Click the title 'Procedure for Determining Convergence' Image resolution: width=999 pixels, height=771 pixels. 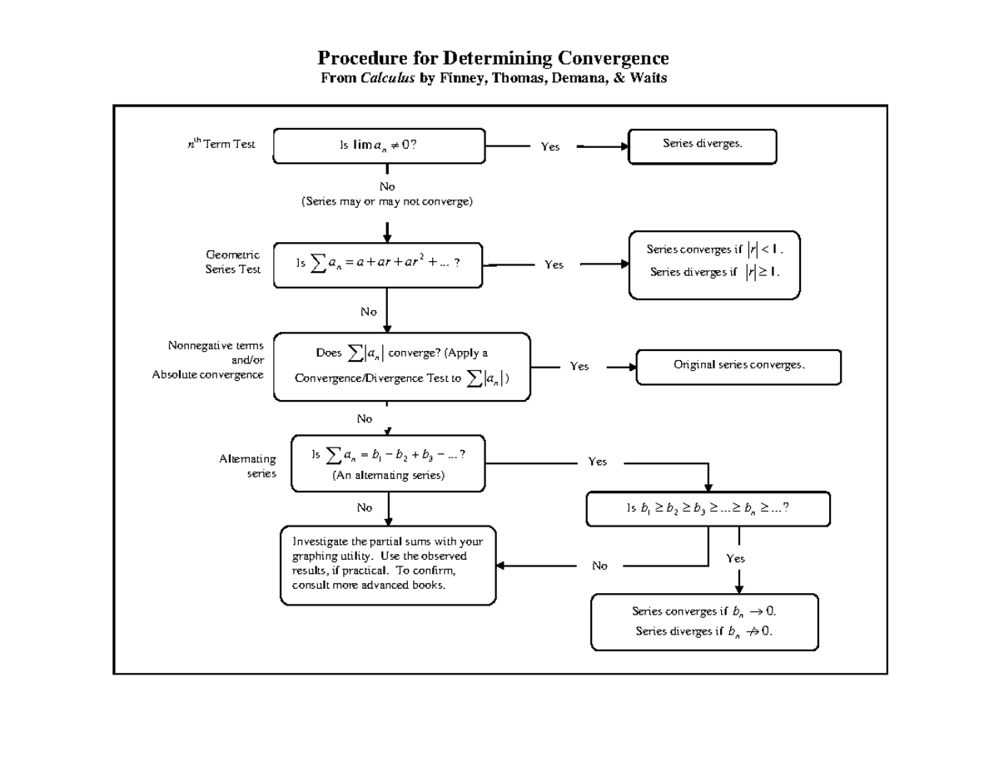click(x=493, y=59)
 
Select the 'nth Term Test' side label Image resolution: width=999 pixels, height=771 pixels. click(x=221, y=145)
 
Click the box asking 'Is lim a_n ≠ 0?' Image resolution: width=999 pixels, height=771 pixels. click(x=379, y=146)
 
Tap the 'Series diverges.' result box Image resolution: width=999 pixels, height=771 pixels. click(x=702, y=146)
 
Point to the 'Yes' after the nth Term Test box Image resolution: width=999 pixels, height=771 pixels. click(x=550, y=146)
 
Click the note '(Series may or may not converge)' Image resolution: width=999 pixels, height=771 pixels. click(x=387, y=201)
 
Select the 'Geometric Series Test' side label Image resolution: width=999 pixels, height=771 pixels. click(x=233, y=262)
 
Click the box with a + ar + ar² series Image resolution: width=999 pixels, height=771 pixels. click(x=378, y=264)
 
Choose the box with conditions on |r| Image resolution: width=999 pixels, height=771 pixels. click(x=714, y=264)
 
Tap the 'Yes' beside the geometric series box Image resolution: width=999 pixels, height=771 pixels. click(x=554, y=264)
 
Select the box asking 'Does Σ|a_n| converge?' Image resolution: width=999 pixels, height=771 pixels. click(x=402, y=366)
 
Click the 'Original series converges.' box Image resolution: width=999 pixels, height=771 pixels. click(x=738, y=366)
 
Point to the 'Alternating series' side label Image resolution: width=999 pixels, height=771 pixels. click(x=247, y=466)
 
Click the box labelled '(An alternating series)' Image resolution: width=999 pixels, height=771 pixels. click(x=388, y=464)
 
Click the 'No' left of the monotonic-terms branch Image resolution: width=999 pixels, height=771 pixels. click(x=599, y=566)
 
